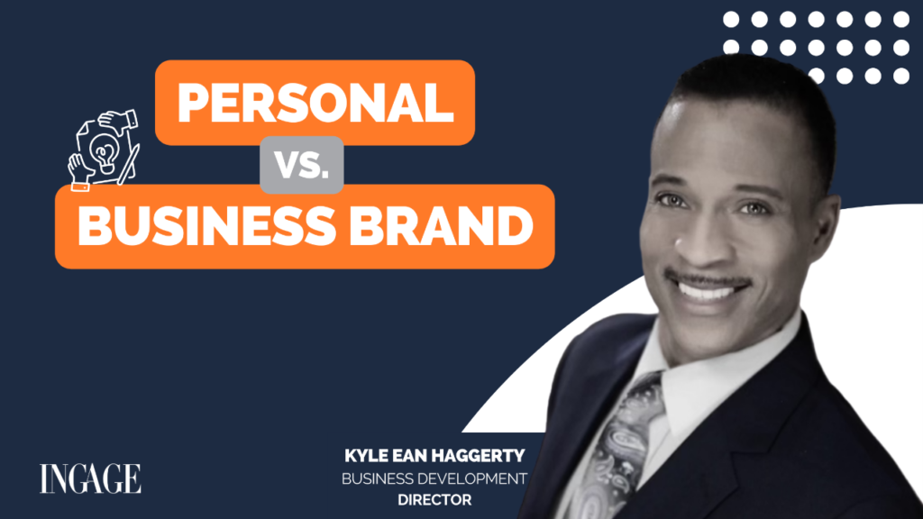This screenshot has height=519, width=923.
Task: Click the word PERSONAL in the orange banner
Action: [x=315, y=104]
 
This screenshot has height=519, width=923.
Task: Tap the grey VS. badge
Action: [x=300, y=165]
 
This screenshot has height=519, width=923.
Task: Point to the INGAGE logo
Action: [x=90, y=478]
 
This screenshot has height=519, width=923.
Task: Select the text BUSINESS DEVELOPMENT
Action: [x=434, y=477]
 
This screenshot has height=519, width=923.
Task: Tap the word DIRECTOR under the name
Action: [x=434, y=496]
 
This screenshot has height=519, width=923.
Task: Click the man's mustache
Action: [x=707, y=272]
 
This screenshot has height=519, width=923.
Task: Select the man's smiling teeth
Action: [x=710, y=291]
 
